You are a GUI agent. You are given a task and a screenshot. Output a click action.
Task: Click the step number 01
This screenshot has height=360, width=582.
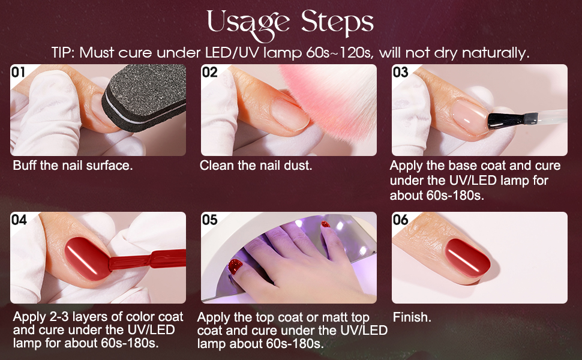point(18,72)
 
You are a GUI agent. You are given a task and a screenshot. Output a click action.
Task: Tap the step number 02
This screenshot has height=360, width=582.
point(209,72)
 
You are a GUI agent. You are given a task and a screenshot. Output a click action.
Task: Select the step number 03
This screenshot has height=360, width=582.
point(400,72)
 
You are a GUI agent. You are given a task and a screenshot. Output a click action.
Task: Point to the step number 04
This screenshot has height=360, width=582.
point(19,220)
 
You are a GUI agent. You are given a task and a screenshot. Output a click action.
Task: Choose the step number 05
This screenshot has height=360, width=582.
point(210,220)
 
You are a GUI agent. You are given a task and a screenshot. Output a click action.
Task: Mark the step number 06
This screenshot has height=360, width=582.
point(400,220)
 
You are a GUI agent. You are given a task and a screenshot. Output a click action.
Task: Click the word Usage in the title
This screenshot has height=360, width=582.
point(248,25)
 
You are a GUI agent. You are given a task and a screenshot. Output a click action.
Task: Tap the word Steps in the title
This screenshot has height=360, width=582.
point(337,23)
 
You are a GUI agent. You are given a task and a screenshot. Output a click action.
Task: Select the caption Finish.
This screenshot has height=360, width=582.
point(412,317)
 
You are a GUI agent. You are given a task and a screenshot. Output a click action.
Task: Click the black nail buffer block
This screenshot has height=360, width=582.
point(145,97)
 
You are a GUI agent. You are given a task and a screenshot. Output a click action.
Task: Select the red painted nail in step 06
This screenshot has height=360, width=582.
point(467,258)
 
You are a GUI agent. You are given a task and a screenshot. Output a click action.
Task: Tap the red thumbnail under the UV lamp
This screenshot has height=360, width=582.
point(235,266)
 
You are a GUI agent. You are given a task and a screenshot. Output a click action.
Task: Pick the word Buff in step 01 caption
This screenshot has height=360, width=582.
point(25,166)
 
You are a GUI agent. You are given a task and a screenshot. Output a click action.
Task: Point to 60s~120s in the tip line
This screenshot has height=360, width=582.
point(339,53)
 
